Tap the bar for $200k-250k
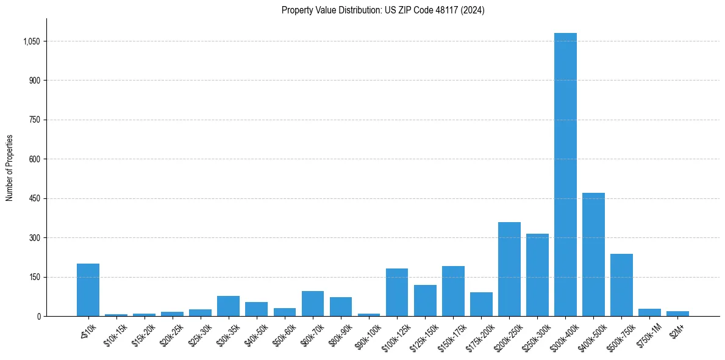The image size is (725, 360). pyautogui.click(x=509, y=269)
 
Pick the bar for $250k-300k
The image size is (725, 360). pyautogui.click(x=537, y=275)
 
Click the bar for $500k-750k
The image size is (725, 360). pyautogui.click(x=621, y=285)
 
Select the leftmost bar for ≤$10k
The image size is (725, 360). pyautogui.click(x=88, y=290)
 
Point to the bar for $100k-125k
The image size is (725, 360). pyautogui.click(x=397, y=292)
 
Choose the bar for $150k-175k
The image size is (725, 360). pyautogui.click(x=453, y=291)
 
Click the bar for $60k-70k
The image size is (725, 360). pyautogui.click(x=313, y=304)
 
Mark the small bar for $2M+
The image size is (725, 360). pyautogui.click(x=677, y=314)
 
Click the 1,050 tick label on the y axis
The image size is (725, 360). pyautogui.click(x=32, y=41)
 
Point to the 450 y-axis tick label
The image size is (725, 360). pyautogui.click(x=35, y=198)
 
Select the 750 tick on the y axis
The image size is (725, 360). pyautogui.click(x=35, y=120)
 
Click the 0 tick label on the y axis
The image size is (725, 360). pyautogui.click(x=38, y=316)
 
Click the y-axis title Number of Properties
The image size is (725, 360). pyautogui.click(x=10, y=168)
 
